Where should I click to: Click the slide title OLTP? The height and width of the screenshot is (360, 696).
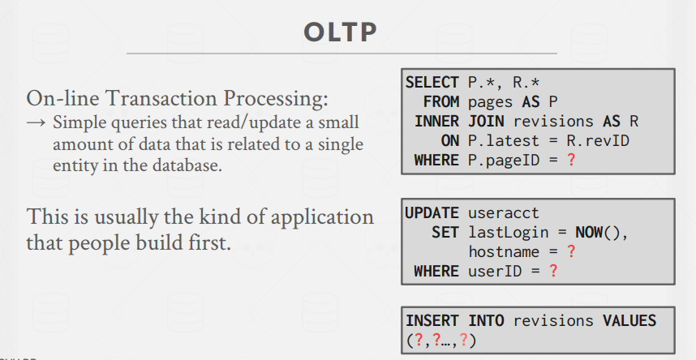coord(341,32)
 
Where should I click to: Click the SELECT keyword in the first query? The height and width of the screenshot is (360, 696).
coord(432,83)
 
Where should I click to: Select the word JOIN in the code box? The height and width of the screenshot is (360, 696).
coord(486,121)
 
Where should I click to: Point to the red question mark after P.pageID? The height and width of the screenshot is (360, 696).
coord(571,160)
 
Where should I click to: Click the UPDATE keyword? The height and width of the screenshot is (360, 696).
coord(432,213)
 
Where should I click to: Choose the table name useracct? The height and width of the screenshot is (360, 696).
coord(504,213)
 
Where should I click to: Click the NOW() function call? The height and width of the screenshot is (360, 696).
coord(602,233)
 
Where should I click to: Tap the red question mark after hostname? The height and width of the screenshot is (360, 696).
coord(571,251)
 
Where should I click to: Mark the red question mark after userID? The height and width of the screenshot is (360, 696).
coord(553,271)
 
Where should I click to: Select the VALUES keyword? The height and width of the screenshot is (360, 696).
coord(629,320)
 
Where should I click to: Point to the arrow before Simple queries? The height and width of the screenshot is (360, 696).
coord(36,122)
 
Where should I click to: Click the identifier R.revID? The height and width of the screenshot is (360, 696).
coord(598,141)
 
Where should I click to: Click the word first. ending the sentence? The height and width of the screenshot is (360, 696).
coord(212,242)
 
